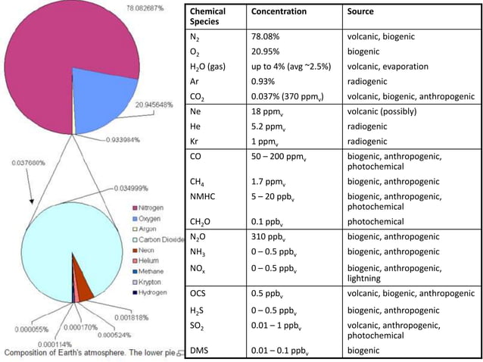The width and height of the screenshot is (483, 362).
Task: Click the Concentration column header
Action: coord(279,12)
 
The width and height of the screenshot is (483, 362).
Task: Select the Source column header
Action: coord(360,12)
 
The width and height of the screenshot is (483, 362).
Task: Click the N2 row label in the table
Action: coord(195,36)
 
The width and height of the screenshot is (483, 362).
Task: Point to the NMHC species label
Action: coord(202,195)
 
